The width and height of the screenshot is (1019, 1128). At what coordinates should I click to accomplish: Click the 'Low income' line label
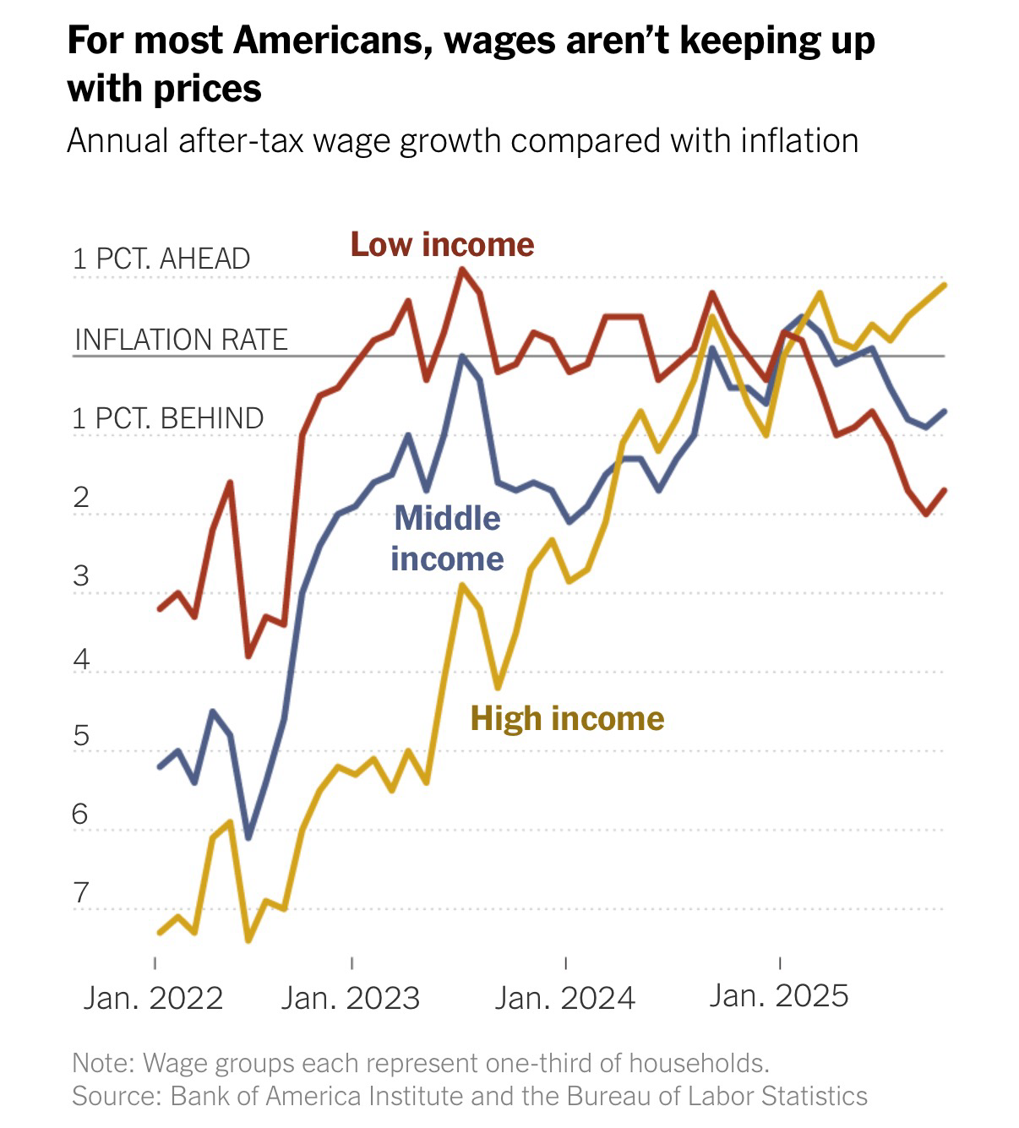tap(442, 244)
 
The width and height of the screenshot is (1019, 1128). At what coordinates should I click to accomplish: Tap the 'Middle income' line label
tap(447, 538)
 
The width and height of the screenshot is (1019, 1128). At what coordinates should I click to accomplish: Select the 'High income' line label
tap(567, 718)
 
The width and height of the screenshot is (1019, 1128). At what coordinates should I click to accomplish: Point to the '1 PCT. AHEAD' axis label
tap(161, 259)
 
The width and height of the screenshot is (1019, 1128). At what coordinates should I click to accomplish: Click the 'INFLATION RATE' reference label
tap(181, 340)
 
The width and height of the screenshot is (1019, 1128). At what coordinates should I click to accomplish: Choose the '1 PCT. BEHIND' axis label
tap(168, 418)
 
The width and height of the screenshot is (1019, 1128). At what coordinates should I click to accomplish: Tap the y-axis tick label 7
tap(81, 892)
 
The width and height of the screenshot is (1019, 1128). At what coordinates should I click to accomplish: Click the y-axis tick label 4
tap(81, 657)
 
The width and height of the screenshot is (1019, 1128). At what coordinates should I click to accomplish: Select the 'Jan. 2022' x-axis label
tap(153, 998)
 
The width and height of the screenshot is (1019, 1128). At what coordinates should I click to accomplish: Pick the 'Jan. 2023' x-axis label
tap(351, 998)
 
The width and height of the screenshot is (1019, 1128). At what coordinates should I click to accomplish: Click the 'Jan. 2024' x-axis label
tap(564, 998)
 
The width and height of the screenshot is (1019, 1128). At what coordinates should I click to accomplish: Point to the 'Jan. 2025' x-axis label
tap(778, 995)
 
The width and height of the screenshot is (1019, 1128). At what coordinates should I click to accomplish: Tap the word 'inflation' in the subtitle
tap(799, 140)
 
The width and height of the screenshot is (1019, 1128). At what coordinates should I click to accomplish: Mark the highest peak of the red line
tap(462, 269)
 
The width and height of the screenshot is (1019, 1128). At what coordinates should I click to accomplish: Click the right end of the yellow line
tap(944, 286)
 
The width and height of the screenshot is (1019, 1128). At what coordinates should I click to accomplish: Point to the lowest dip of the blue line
tap(248, 837)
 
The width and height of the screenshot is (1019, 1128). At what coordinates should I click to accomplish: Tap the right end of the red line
tap(944, 490)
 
